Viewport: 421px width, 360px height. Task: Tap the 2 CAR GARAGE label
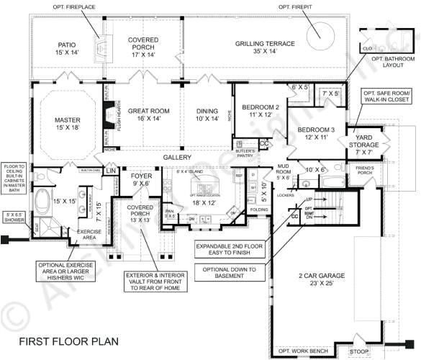click(321, 279)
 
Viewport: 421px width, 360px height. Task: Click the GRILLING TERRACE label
click(265, 48)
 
